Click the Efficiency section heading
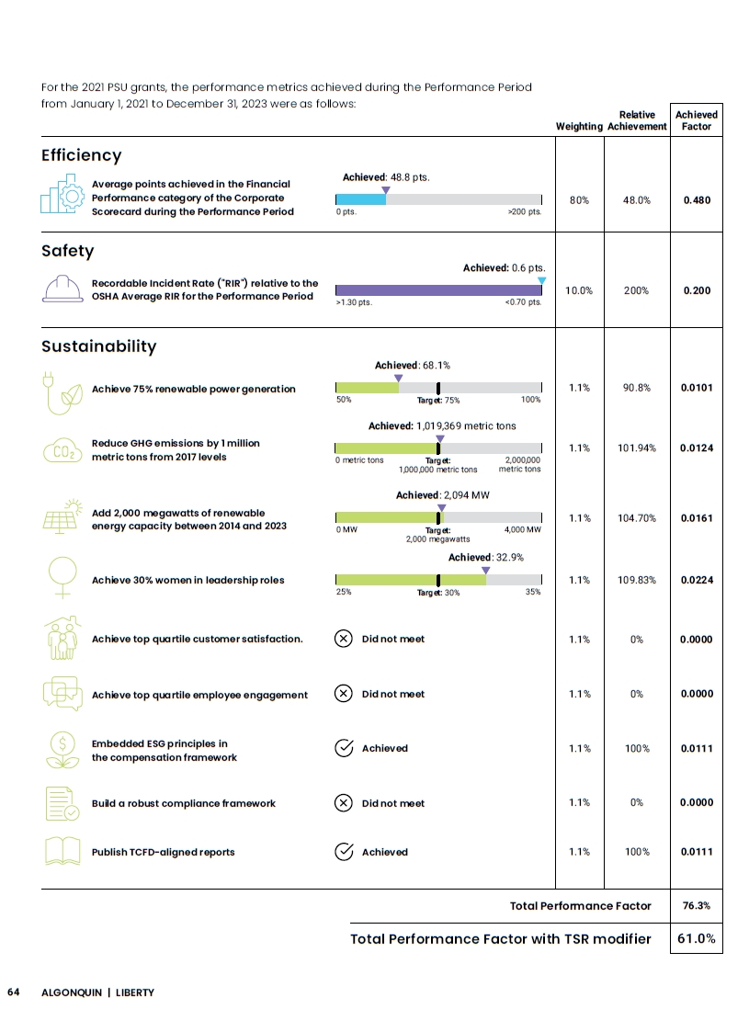[x=82, y=155]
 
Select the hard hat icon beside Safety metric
[x=62, y=289]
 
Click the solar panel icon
[x=62, y=517]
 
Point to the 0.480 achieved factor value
[x=697, y=200]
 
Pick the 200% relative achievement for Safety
[x=637, y=290]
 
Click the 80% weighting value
[x=579, y=200]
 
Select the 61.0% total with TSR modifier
[x=697, y=938]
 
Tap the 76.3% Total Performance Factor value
[x=697, y=905]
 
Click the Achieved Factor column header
[x=697, y=120]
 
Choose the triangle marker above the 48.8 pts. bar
[x=386, y=190]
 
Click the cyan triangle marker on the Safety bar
[x=541, y=280]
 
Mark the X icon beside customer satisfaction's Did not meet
[x=343, y=639]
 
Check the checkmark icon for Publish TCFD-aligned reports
[x=344, y=852]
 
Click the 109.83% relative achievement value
[x=637, y=580]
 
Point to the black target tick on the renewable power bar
[x=438, y=388]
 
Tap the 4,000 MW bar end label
[x=523, y=529]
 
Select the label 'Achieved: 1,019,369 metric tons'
[x=442, y=425]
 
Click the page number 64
[x=14, y=992]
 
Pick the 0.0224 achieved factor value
[x=697, y=580]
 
